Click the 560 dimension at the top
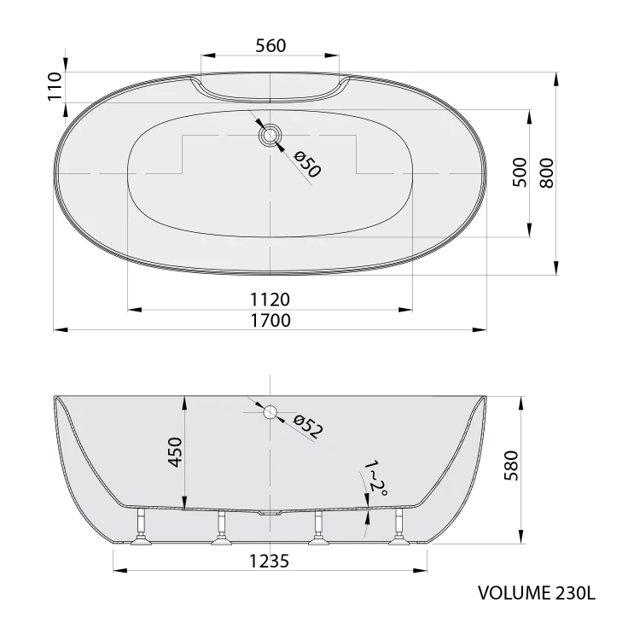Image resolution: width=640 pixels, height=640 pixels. click(271, 46)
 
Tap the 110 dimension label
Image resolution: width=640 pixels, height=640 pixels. click(55, 86)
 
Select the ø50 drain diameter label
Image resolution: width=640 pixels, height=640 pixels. click(308, 164)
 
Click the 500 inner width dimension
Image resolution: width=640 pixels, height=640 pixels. click(520, 172)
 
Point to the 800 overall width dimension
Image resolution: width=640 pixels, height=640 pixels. click(546, 173)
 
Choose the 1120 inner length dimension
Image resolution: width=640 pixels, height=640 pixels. click(270, 300)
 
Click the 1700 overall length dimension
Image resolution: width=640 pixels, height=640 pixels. click(271, 320)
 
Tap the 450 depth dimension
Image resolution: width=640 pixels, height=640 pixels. click(176, 451)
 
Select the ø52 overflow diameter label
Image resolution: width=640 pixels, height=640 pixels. click(309, 427)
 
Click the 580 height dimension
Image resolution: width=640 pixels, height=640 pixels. click(511, 465)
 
